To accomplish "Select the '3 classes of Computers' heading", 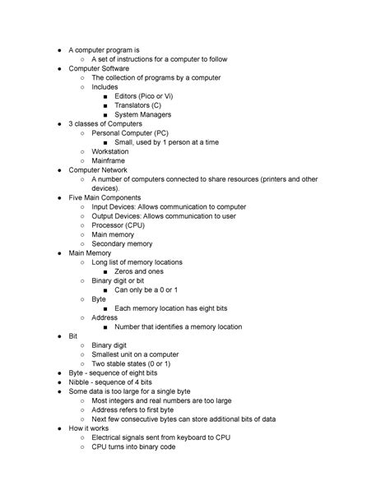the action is (x=104, y=123).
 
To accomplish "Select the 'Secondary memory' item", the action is (x=122, y=244).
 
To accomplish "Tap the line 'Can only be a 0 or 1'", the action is (x=146, y=290).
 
